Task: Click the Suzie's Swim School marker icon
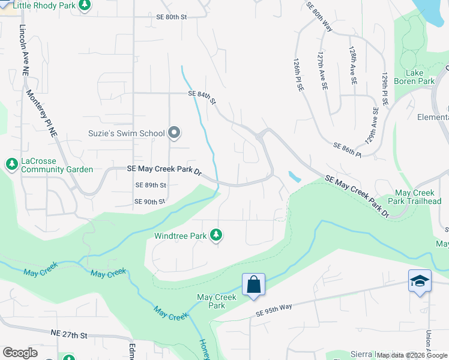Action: tap(175, 133)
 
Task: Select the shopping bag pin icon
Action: tap(253, 284)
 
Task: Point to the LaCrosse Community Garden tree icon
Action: tap(11, 163)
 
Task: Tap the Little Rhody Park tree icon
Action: tap(85, 5)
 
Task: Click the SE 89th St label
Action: tap(151, 185)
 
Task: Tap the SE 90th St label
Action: tap(149, 202)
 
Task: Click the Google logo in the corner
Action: tap(20, 353)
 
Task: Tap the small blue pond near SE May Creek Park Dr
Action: tap(294, 177)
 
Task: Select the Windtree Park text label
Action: tap(180, 236)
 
